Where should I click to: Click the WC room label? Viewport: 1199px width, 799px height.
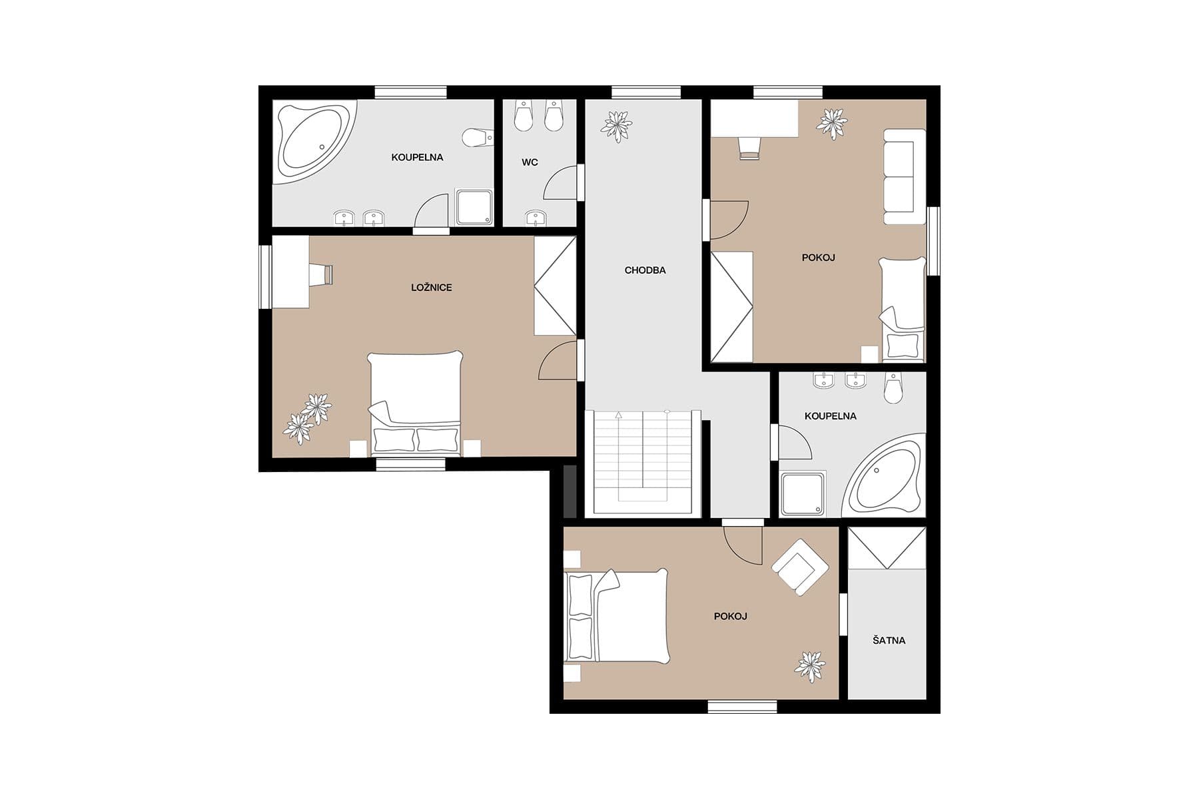[x=530, y=162]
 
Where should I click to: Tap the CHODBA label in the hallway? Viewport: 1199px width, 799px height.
[x=645, y=270]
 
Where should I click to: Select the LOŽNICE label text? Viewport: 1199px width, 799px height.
[x=431, y=288]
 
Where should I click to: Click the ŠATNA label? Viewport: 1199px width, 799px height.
[x=889, y=641]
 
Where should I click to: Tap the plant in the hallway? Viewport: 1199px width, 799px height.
[x=616, y=125]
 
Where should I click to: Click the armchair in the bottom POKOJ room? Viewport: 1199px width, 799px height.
[x=799, y=567]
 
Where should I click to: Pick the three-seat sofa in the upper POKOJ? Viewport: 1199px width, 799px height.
[x=903, y=176]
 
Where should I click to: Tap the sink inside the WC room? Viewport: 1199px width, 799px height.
[x=536, y=217]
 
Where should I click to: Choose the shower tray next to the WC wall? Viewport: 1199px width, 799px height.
[x=474, y=206]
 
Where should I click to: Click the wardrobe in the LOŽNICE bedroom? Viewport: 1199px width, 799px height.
[x=554, y=286]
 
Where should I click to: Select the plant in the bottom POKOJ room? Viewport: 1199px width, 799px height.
[x=810, y=665]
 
